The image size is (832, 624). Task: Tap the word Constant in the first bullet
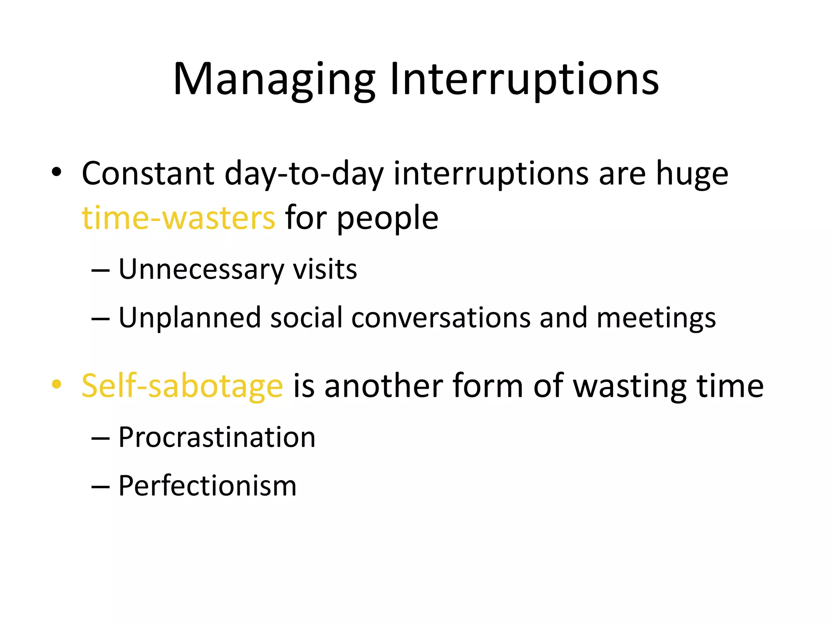(148, 174)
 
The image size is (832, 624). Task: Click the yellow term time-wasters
(178, 218)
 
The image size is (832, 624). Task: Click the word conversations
(441, 318)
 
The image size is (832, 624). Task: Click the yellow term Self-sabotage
(182, 386)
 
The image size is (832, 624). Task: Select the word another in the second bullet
(383, 386)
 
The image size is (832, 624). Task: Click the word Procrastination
(217, 438)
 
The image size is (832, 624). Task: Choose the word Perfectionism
(207, 486)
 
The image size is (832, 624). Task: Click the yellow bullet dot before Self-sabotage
(56, 384)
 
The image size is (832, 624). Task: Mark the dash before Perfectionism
(100, 486)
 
